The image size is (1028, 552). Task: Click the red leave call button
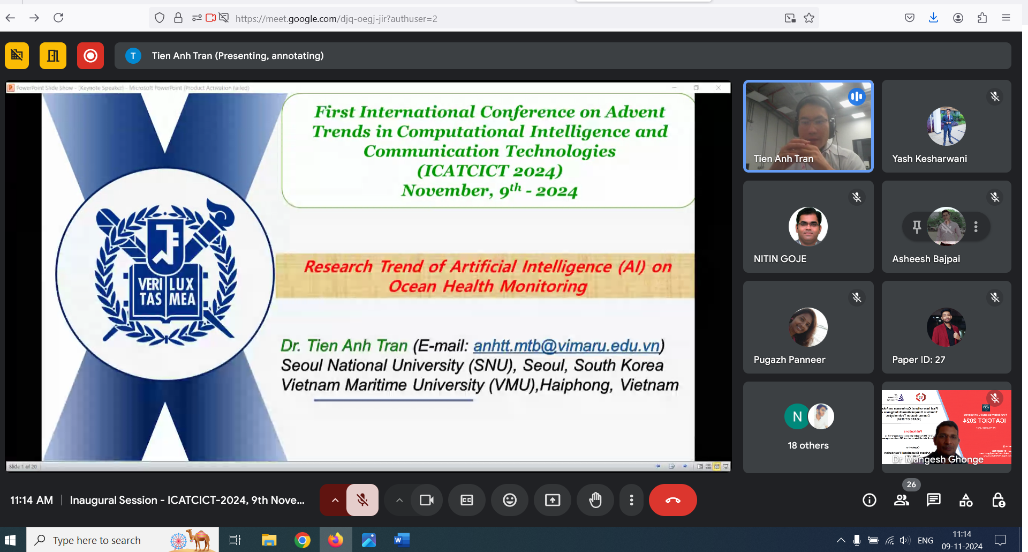point(672,500)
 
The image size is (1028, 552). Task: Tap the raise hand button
point(595,500)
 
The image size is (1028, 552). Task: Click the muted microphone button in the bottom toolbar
point(362,500)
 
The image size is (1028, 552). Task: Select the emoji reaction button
point(510,500)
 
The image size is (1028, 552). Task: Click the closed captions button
point(467,500)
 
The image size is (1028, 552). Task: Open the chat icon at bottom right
point(933,500)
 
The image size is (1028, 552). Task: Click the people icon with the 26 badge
point(902,500)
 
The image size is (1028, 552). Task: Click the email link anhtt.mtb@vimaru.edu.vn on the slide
point(566,346)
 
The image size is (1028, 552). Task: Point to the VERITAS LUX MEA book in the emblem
point(167,292)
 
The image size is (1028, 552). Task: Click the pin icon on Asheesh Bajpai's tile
point(917,227)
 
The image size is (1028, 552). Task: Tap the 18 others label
point(808,445)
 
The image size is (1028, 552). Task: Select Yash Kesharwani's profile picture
point(946,126)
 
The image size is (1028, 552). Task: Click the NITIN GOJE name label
point(780,259)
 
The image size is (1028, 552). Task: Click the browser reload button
point(58,18)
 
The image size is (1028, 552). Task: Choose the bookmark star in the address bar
point(809,18)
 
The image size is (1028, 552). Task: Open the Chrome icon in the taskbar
point(303,540)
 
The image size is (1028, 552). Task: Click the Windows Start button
point(10,540)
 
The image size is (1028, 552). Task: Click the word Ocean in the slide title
point(413,286)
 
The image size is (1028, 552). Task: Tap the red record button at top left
point(90,56)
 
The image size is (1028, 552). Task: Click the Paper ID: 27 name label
point(918,360)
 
